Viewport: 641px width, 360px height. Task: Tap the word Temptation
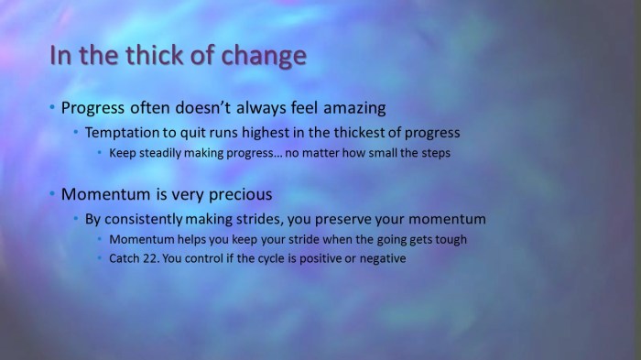point(125,133)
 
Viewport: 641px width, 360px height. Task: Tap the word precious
point(241,194)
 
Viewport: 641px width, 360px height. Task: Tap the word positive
point(317,259)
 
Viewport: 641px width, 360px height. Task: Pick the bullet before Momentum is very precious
point(52,194)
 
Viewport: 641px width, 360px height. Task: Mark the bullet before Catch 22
point(101,259)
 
